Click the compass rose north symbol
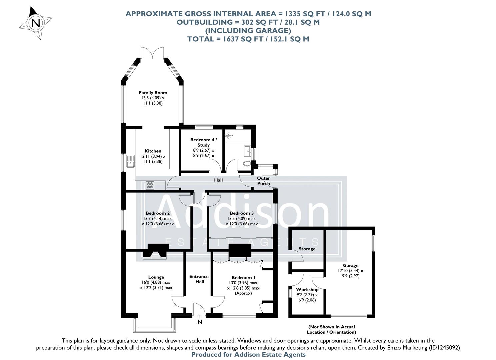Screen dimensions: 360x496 36,23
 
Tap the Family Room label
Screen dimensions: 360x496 153,93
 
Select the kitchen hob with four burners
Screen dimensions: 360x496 150,185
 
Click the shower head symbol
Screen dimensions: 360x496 228,135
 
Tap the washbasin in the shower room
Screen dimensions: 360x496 248,151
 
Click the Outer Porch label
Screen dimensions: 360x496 263,181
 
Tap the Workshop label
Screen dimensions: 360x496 307,289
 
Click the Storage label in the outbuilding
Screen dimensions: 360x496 307,249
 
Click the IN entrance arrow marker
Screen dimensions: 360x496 199,318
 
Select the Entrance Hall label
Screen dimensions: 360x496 199,279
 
